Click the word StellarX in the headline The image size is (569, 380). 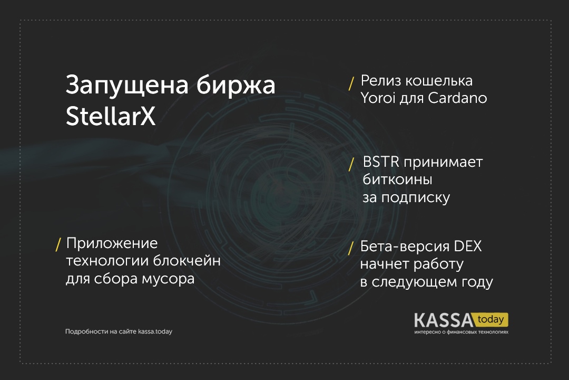point(111,116)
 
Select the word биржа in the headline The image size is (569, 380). point(236,84)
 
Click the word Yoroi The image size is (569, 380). point(378,98)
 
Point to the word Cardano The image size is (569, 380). point(458,98)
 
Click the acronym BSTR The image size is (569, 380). point(381,162)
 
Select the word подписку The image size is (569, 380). point(416,198)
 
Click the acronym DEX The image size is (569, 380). point(468,246)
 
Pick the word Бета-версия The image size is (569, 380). point(405,246)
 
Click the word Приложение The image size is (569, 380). point(112,243)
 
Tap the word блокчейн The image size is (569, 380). point(187,261)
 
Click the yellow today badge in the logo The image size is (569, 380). point(491,320)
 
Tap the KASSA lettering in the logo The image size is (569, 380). point(444,320)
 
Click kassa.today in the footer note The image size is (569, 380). point(155,331)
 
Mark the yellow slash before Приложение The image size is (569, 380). point(58,245)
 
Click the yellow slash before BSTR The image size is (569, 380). point(351,164)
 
